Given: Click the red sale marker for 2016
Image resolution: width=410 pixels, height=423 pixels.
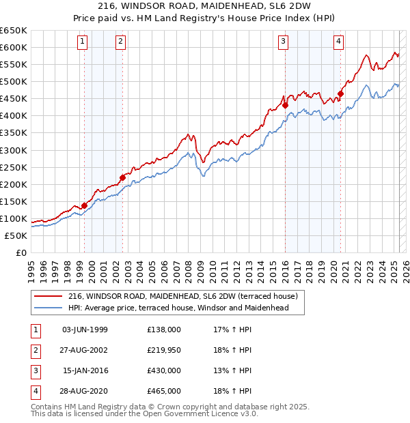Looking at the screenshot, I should click(x=285, y=106).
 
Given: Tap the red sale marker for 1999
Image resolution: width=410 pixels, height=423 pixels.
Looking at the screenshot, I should click(x=85, y=205).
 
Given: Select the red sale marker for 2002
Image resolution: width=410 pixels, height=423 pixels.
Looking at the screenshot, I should click(x=123, y=177).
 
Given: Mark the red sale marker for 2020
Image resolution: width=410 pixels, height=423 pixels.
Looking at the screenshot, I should click(x=340, y=93).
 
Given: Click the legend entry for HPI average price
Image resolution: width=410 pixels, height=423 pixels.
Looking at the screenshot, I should click(x=178, y=308).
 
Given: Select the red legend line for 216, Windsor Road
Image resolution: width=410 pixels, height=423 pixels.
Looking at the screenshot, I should click(x=48, y=297).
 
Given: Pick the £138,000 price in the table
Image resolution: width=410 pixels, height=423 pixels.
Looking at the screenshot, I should click(x=164, y=330).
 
